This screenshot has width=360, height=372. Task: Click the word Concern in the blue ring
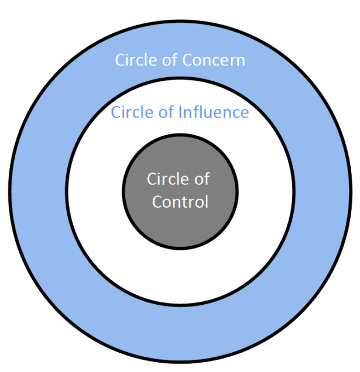pos(214,60)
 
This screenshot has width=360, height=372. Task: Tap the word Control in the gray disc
pos(180,202)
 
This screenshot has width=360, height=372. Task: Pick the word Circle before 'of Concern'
pos(134,60)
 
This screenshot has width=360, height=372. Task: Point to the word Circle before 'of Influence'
pos(131,112)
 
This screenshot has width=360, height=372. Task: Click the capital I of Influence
pos(179,112)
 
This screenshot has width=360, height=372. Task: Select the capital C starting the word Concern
pos(187,60)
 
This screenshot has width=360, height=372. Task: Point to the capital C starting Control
pos(157,202)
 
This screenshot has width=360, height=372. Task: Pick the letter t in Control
pos(187,202)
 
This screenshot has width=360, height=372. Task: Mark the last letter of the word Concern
pos(241,61)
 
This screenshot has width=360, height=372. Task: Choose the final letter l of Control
pos(205,202)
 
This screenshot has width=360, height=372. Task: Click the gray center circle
pos(180,158)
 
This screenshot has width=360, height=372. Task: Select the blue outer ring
pos(41,193)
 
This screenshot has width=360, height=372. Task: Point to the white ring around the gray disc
pos(94,193)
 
